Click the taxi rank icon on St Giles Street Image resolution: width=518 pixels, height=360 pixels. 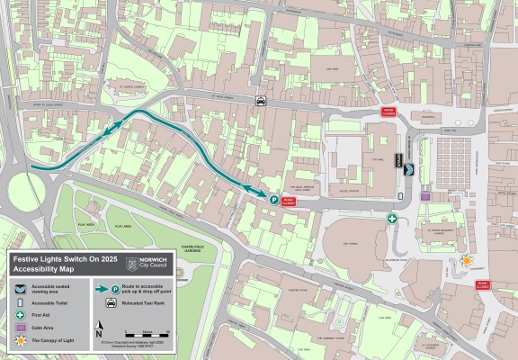(261, 102)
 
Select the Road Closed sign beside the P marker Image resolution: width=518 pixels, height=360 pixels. (289, 202)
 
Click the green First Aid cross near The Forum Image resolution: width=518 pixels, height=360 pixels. (392, 219)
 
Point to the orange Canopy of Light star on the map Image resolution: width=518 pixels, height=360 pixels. (467, 260)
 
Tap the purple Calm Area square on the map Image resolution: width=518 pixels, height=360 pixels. (425, 196)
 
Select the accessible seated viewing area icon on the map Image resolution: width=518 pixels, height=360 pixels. (409, 168)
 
